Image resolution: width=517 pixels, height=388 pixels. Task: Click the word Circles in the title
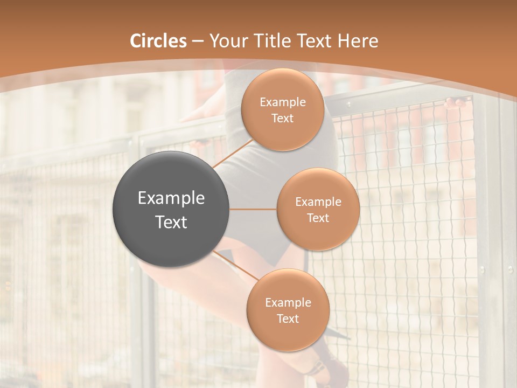click(x=158, y=41)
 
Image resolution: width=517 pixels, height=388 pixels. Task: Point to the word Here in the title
click(x=358, y=41)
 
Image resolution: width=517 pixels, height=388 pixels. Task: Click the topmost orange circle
click(x=283, y=109)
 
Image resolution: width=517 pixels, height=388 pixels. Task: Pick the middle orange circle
click(x=318, y=209)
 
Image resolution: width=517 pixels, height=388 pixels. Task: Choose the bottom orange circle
click(x=288, y=310)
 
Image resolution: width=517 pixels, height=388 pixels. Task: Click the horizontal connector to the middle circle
click(x=253, y=209)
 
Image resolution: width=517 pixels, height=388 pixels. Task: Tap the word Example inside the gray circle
click(x=171, y=198)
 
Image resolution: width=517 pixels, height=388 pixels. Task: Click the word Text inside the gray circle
click(x=171, y=222)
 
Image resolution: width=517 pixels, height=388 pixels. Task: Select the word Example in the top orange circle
click(x=283, y=102)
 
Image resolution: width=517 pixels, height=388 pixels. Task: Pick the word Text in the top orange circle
click(x=283, y=118)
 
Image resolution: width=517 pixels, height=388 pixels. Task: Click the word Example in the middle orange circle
click(x=318, y=202)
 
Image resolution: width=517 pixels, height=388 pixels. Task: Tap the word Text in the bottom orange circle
click(x=288, y=318)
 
